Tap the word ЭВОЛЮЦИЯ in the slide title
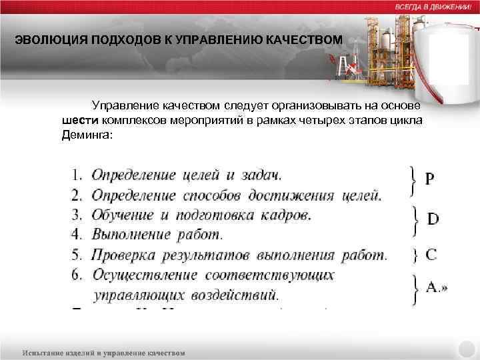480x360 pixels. [x=46, y=41]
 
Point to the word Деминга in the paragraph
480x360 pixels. [x=85, y=133]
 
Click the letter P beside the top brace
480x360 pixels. [x=430, y=179]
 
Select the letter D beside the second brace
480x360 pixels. [x=433, y=219]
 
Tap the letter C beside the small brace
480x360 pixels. [x=431, y=254]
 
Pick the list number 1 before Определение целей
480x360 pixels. [x=77, y=176]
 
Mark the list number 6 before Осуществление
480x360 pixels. [x=77, y=275]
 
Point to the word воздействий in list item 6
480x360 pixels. [x=239, y=294]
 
